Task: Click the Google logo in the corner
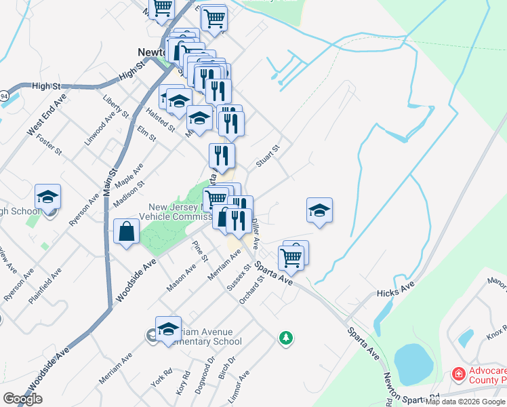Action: click(x=22, y=399)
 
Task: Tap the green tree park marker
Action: click(x=286, y=336)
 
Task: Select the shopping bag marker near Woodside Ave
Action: click(x=127, y=232)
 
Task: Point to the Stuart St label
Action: click(x=268, y=156)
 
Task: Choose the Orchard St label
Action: click(x=251, y=284)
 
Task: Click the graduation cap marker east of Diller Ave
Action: click(x=319, y=211)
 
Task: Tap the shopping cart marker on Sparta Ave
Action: click(x=291, y=256)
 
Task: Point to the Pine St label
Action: click(x=200, y=252)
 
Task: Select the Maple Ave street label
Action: click(x=129, y=175)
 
